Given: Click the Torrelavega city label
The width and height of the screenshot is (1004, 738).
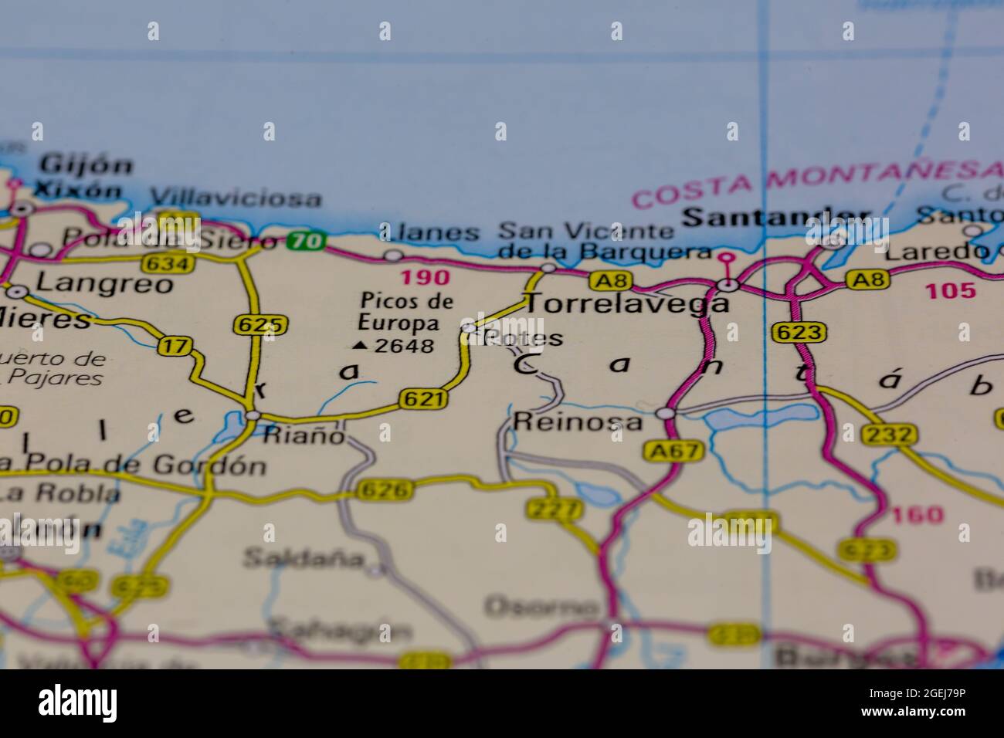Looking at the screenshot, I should point(626,303).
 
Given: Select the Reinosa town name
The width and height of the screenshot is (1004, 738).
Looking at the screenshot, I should point(577,421).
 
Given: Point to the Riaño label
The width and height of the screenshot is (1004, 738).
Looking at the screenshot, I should point(304,435).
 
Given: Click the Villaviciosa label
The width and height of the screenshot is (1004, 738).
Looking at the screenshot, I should point(236,198).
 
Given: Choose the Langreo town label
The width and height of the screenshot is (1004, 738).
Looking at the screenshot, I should point(105,283).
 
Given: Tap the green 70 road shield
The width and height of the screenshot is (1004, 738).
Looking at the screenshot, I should point(306,242).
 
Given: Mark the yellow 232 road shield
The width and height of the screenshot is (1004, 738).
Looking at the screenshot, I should point(890,435).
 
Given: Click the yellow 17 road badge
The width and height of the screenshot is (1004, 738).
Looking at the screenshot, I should point(175,347).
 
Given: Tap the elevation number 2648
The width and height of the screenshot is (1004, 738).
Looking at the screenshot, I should point(404,346).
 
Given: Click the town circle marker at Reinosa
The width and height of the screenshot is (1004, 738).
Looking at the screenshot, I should point(664,415).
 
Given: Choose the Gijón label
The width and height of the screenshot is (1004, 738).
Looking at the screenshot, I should point(86,164).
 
